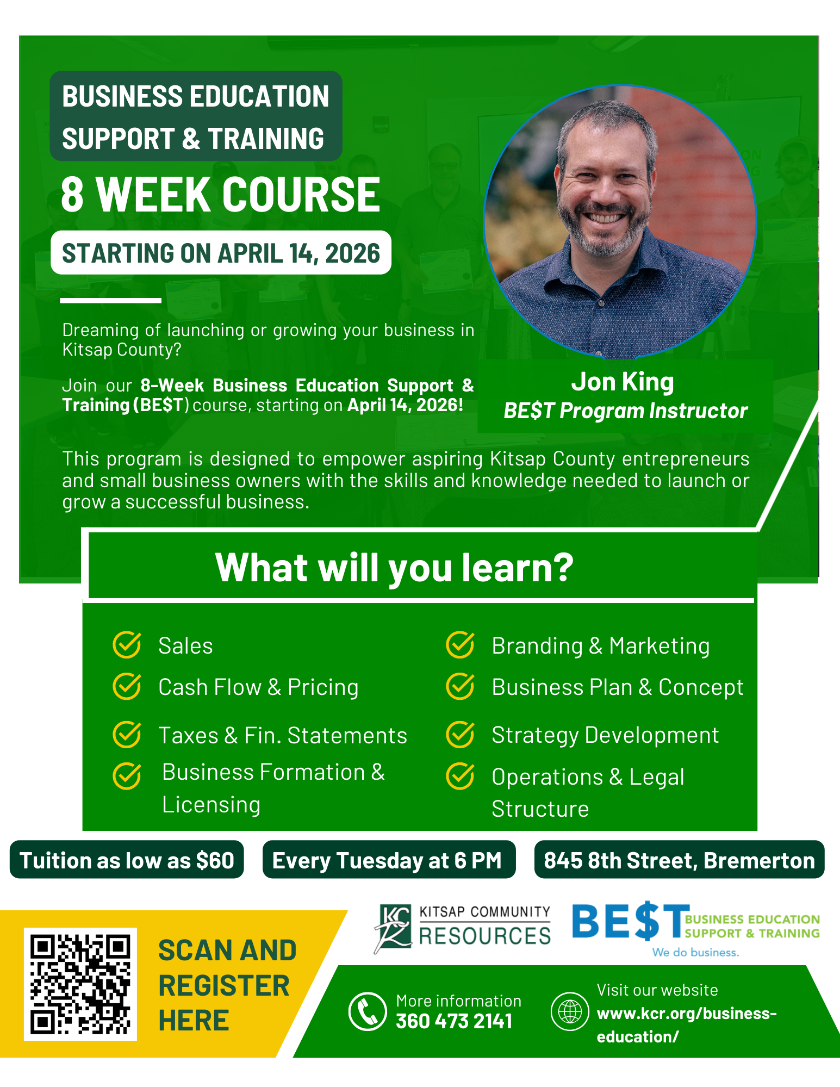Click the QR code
[80, 984]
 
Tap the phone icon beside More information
[368, 1011]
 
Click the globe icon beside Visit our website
[570, 1011]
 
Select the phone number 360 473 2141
[454, 1021]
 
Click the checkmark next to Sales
[127, 645]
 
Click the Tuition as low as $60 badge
[127, 860]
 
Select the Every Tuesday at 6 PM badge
[389, 860]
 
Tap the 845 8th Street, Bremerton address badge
[679, 860]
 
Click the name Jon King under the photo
[623, 382]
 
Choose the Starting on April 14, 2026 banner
[221, 253]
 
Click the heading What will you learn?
[394, 567]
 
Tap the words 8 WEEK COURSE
[221, 194]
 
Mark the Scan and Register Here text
[227, 985]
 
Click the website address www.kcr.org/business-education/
[687, 1025]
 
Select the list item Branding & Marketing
[601, 646]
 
